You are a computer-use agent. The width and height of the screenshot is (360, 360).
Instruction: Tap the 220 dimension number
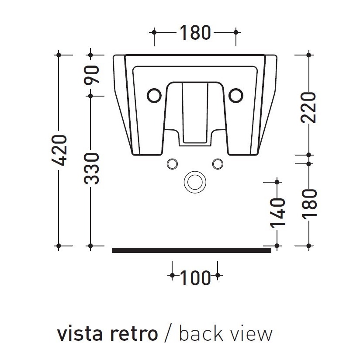[x=309, y=107]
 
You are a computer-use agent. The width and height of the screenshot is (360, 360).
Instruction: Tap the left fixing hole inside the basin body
[x=154, y=95]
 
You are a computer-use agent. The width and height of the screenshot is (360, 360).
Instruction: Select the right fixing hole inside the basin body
[x=236, y=95]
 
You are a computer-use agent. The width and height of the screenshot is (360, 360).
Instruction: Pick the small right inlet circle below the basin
[x=217, y=163]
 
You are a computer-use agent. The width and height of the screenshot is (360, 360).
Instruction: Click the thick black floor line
[x=191, y=250]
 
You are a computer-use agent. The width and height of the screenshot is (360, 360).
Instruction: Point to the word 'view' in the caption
[x=251, y=334]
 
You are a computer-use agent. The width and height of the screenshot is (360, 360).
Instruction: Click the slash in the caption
[x=168, y=334]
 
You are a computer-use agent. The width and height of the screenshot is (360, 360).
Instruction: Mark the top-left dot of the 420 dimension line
[x=59, y=55]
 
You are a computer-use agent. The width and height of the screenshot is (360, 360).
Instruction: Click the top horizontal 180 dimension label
[x=194, y=32]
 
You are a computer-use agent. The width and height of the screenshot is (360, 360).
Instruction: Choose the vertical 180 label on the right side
[x=309, y=203]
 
